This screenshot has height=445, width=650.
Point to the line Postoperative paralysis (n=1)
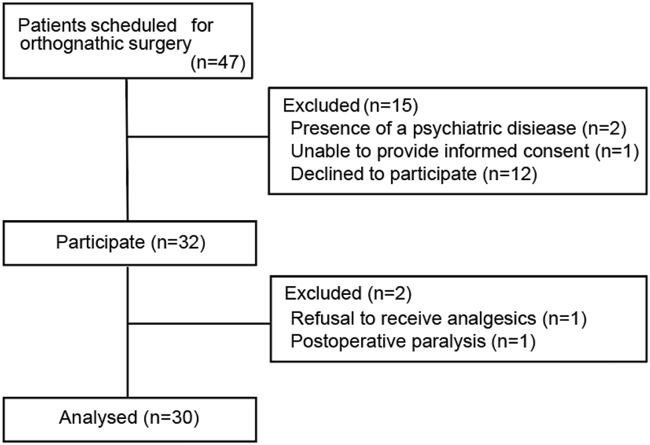click(x=414, y=342)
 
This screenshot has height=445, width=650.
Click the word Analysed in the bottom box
click(x=97, y=419)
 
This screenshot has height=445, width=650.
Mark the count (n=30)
click(x=170, y=419)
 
